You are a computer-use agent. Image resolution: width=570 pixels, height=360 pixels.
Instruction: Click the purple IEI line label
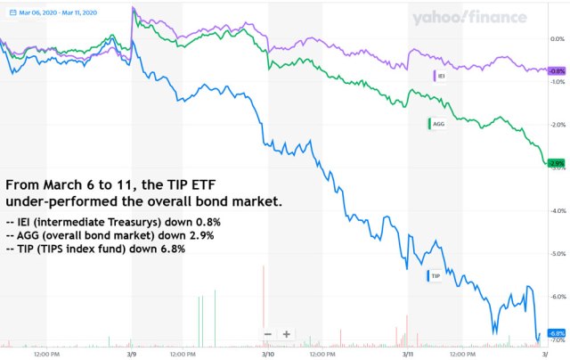point(440,77)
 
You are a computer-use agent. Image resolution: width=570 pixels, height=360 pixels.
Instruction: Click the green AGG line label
point(436,124)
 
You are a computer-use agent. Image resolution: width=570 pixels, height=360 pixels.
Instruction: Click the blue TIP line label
point(434,276)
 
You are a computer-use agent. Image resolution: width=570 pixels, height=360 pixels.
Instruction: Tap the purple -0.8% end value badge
point(556,70)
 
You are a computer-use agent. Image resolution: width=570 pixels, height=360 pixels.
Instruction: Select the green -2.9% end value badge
point(556,163)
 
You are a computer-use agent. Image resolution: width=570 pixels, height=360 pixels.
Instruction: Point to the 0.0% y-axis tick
point(558,39)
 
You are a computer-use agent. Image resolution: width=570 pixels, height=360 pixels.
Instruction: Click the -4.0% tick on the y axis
point(558,211)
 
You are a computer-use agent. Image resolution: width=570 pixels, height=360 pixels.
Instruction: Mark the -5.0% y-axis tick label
point(558,254)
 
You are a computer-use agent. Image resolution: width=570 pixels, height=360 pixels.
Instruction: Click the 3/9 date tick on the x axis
point(132,354)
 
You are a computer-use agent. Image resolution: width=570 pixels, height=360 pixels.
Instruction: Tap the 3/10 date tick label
point(268,354)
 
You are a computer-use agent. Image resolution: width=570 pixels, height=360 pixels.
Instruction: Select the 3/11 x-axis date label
point(406,354)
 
